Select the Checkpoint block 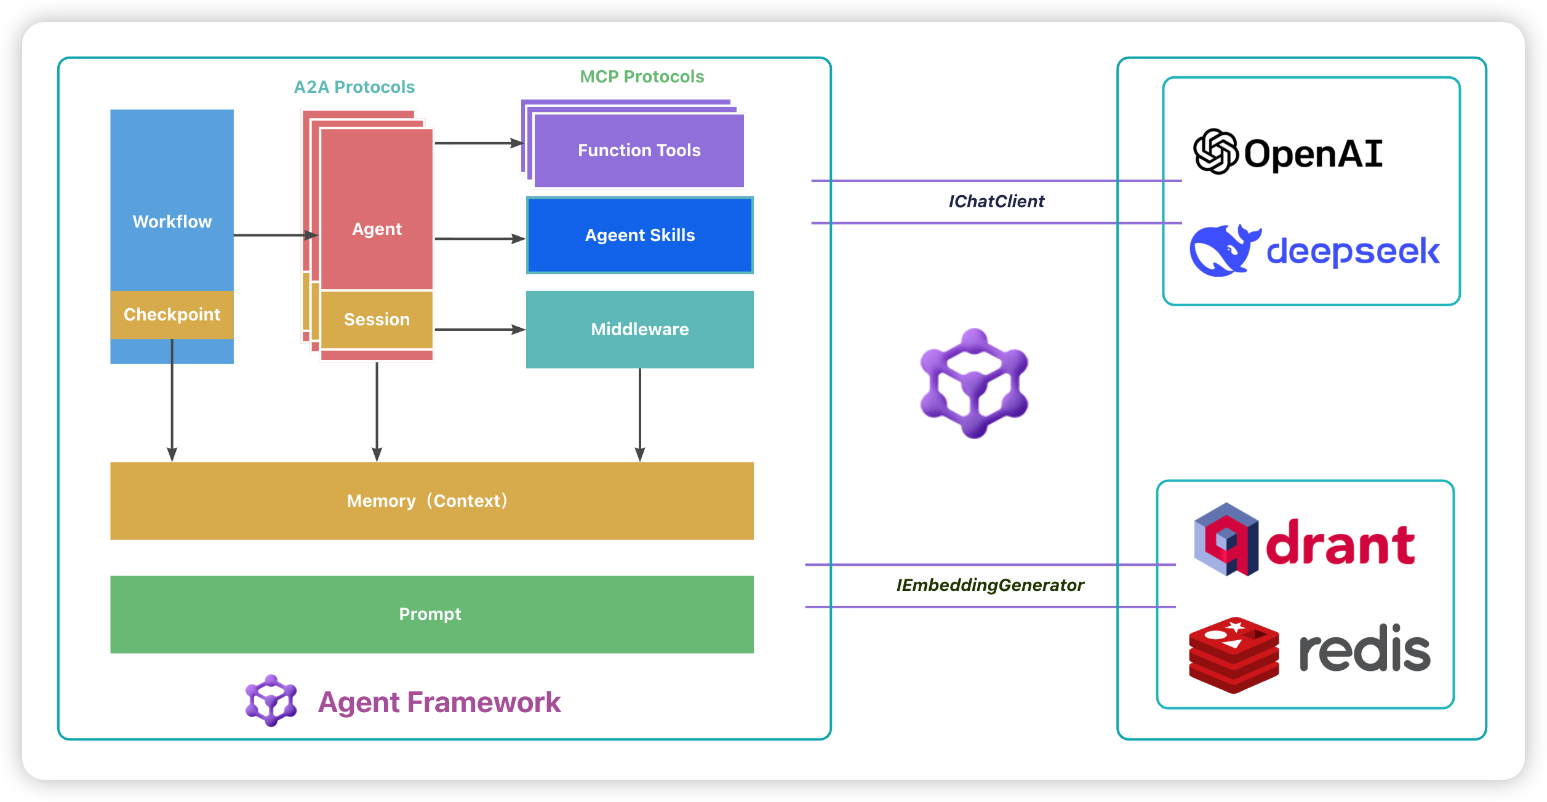tap(172, 315)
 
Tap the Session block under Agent tap(377, 320)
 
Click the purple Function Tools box tap(639, 151)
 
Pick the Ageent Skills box tap(640, 236)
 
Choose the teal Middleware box tap(640, 330)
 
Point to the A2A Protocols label tap(354, 87)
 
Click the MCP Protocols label tap(642, 77)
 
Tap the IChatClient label tap(996, 202)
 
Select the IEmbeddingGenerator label tap(990, 586)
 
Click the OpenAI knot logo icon tap(1215, 152)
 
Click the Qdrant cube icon tap(1226, 539)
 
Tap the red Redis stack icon tap(1234, 655)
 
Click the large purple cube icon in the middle tap(974, 383)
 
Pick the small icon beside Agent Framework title tap(271, 701)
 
